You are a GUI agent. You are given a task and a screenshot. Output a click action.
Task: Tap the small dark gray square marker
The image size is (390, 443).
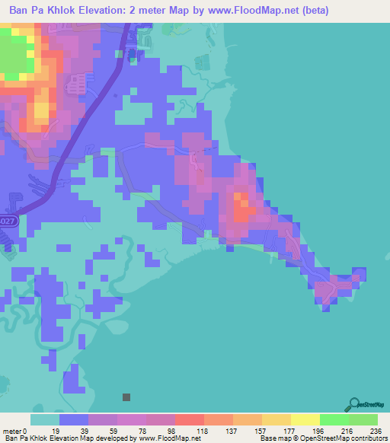coord(126,397)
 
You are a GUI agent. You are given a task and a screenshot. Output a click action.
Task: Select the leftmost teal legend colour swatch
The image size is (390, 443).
coord(44,419)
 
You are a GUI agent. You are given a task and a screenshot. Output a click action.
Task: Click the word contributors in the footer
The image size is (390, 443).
coord(365,438)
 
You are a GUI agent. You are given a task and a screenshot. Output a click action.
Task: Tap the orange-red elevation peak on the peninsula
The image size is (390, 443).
coord(241,206)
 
